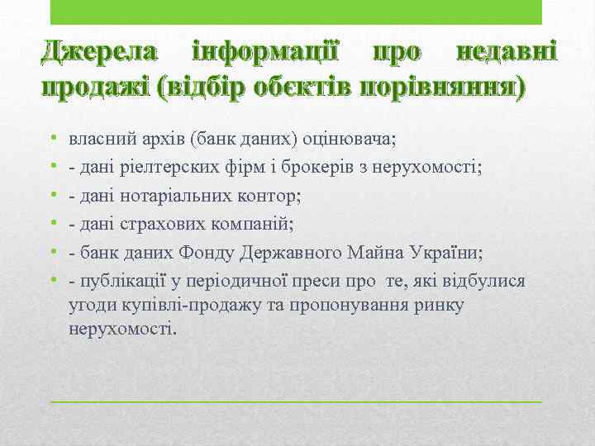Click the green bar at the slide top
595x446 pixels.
pos(296,12)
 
